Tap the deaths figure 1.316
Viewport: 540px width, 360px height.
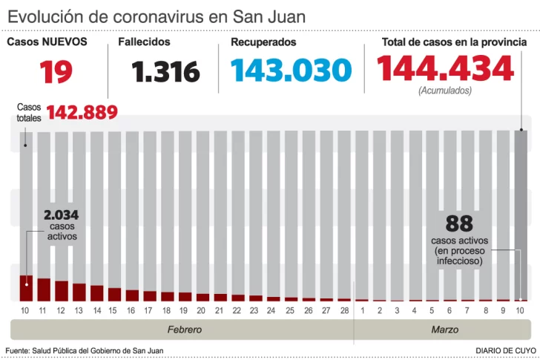coord(166,71)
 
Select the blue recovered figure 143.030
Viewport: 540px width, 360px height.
coord(290,71)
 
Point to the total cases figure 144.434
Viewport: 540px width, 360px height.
coord(445,68)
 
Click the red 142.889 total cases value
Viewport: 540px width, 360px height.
coord(82,112)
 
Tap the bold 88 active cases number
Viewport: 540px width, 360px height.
coord(460,224)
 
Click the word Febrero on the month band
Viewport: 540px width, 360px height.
coord(183,329)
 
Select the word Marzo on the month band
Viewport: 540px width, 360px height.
coord(444,329)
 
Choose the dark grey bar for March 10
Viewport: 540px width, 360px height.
coord(521,215)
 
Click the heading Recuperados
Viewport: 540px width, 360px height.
coord(263,42)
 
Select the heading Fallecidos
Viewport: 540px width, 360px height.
coord(144,42)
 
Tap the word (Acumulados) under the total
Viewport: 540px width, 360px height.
coord(444,91)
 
